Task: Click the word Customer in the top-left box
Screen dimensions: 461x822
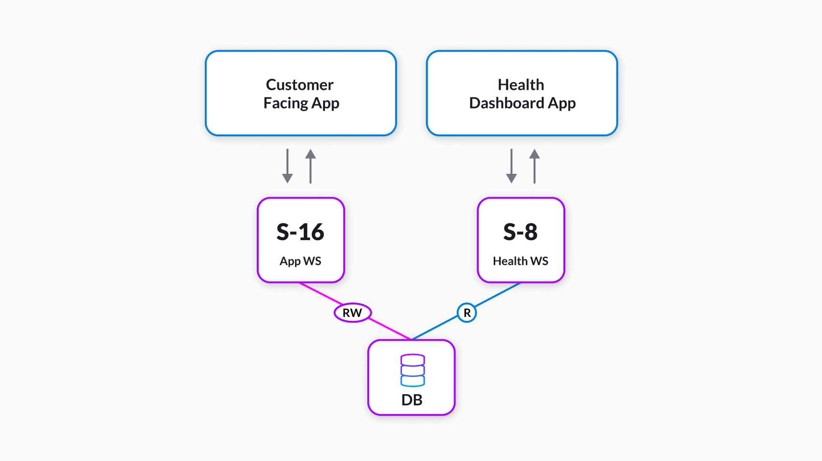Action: tap(300, 85)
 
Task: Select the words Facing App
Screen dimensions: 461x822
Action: tap(301, 103)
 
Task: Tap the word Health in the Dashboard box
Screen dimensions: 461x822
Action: tap(521, 85)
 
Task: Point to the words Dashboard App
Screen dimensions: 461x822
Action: tap(522, 103)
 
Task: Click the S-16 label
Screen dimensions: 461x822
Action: tap(300, 232)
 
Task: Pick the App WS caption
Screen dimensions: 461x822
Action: tap(300, 261)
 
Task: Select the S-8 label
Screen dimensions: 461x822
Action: tap(520, 232)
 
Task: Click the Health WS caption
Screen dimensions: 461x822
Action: tap(520, 261)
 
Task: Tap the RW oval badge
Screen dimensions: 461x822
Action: tap(352, 313)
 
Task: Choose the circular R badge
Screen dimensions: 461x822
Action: tap(467, 313)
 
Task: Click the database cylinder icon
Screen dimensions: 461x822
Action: tap(412, 370)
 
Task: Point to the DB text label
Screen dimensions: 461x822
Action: tap(412, 400)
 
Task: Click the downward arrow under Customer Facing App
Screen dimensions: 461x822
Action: tap(288, 167)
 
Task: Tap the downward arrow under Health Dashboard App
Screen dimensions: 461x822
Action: tap(512, 167)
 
